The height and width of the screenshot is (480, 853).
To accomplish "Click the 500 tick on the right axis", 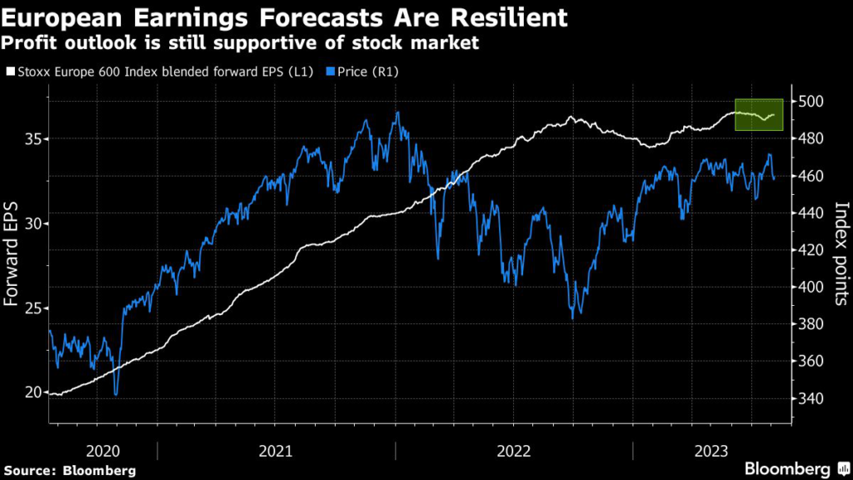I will [811, 102].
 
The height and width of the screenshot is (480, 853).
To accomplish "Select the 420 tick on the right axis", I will [811, 250].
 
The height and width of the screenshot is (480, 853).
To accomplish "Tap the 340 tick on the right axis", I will [811, 398].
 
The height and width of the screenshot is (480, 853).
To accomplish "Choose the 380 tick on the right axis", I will [811, 324].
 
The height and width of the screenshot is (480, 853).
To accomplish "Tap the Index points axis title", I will [841, 254].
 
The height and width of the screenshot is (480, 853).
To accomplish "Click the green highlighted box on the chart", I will [759, 115].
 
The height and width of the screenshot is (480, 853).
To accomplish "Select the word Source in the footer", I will [31, 469].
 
